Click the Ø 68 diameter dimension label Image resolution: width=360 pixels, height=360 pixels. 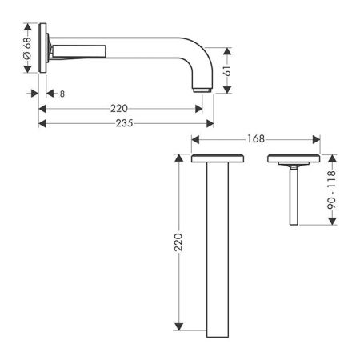click(x=27, y=48)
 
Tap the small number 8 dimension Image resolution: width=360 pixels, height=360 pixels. click(x=62, y=94)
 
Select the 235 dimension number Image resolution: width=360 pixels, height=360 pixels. click(x=124, y=123)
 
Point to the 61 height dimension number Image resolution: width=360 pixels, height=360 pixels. click(x=227, y=70)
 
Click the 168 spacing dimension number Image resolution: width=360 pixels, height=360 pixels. click(x=256, y=139)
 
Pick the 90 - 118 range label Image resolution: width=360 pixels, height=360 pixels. click(x=331, y=190)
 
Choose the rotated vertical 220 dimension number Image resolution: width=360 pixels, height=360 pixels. click(x=178, y=242)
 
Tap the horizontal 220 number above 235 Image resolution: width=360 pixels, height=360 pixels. click(x=119, y=109)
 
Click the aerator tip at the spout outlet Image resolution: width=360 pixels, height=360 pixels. click(x=202, y=90)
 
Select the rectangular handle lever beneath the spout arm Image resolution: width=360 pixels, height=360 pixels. click(x=79, y=51)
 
